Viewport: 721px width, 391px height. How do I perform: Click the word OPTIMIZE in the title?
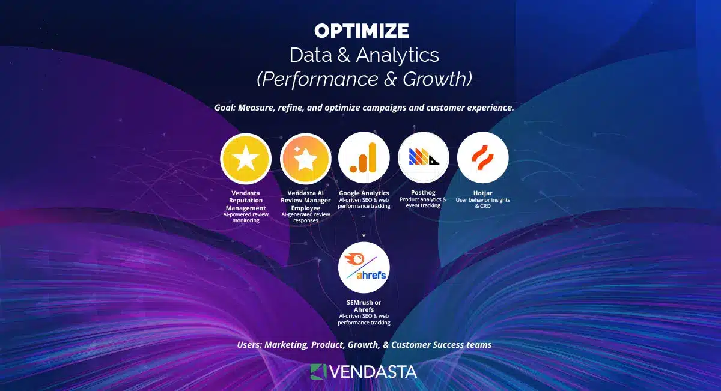click(x=361, y=31)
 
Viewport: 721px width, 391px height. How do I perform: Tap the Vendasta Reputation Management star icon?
click(x=246, y=159)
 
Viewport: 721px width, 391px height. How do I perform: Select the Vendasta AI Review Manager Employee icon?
click(x=305, y=159)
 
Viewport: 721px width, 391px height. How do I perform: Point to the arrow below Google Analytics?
click(x=364, y=226)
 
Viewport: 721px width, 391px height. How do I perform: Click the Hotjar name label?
click(x=482, y=193)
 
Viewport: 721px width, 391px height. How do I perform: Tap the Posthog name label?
click(x=423, y=193)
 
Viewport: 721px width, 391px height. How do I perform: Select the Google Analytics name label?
click(x=364, y=193)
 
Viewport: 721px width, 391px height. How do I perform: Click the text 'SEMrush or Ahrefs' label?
click(x=364, y=306)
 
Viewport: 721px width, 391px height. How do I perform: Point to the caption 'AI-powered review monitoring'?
click(x=246, y=217)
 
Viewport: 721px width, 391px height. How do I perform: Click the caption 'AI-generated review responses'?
click(x=305, y=217)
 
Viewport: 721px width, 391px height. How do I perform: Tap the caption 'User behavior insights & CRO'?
click(x=482, y=203)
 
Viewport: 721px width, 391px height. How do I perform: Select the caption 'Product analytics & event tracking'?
click(x=423, y=202)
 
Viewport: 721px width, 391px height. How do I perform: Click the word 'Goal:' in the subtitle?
click(x=227, y=108)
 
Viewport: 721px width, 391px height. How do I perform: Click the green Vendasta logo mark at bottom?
click(x=318, y=371)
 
